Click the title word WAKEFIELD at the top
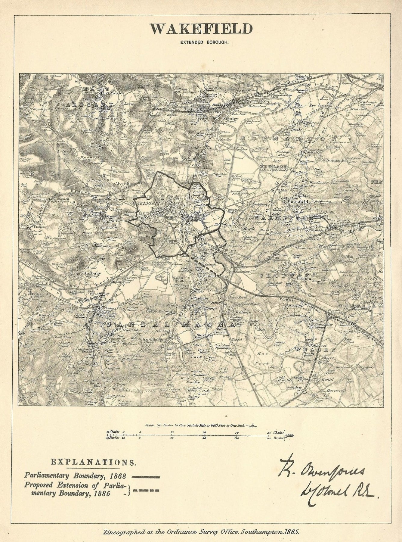coord(202,30)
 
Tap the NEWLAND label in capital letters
coord(270,167)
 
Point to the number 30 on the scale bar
coord(236,432)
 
